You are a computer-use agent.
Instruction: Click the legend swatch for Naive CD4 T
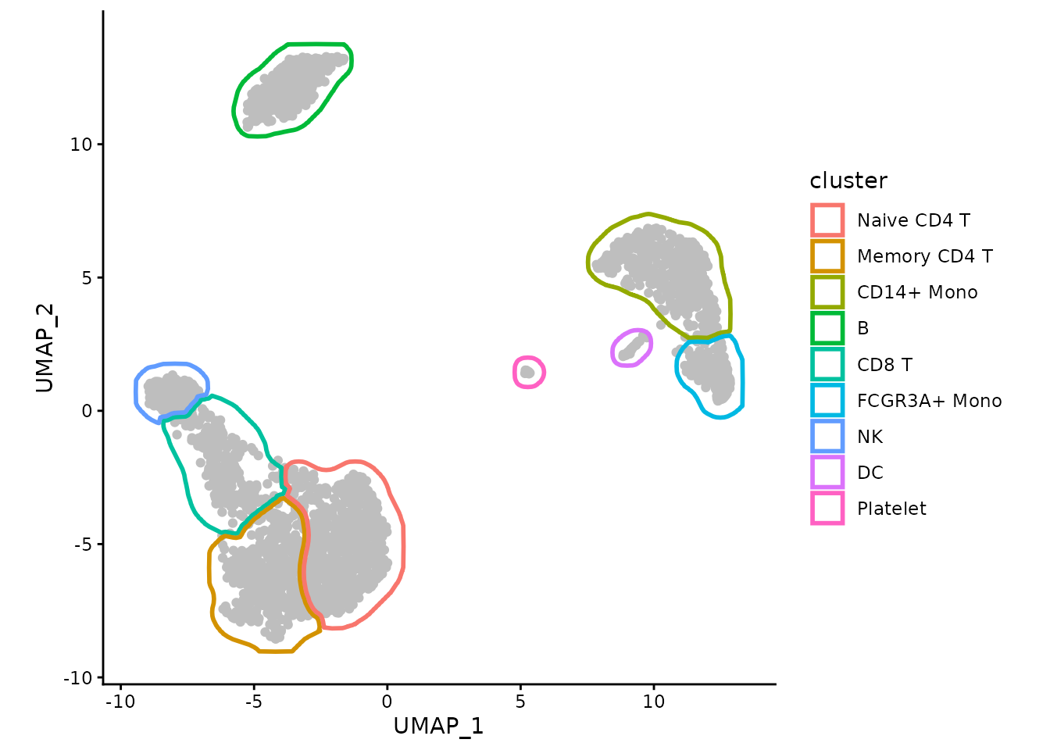click(x=827, y=220)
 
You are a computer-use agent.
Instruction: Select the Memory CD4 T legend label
click(x=924, y=256)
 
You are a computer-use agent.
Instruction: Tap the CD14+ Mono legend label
click(x=916, y=292)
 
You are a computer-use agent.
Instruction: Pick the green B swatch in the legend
click(x=827, y=328)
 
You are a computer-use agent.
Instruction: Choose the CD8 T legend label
click(x=884, y=365)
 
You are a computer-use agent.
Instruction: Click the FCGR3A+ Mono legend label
click(x=929, y=401)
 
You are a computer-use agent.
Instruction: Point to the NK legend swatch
click(x=827, y=437)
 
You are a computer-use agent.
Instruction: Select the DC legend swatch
click(x=827, y=473)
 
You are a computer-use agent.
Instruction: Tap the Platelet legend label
click(x=891, y=509)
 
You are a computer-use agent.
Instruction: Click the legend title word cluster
click(x=848, y=180)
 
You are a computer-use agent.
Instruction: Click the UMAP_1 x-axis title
click(x=438, y=726)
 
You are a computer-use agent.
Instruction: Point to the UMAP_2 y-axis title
click(x=45, y=346)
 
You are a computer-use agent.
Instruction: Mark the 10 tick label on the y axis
click(x=81, y=145)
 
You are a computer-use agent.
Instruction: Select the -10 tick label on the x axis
click(x=120, y=702)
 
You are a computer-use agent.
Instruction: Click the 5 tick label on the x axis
click(x=520, y=702)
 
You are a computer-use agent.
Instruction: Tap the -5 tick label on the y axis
click(x=83, y=545)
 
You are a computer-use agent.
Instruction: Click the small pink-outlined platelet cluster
click(x=528, y=373)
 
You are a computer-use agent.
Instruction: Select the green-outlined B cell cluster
click(x=291, y=88)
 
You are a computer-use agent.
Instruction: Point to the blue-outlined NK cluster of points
click(x=168, y=390)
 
